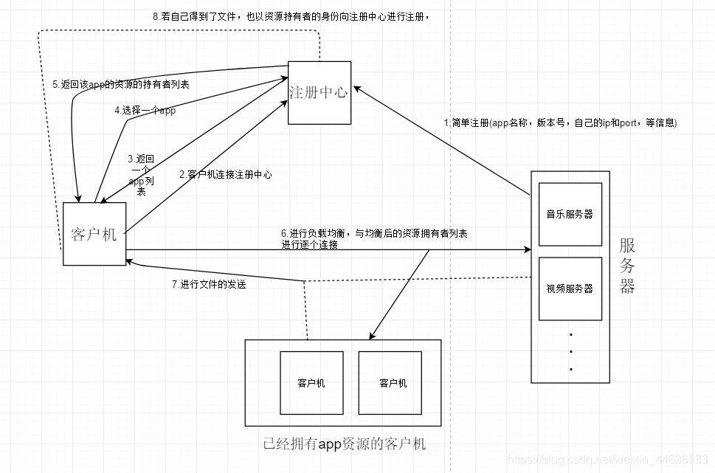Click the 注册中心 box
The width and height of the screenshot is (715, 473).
coord(319,93)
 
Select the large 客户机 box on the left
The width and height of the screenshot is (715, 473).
coord(94,234)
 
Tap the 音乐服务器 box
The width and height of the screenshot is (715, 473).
coord(570,214)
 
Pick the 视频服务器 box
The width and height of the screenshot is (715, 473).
coord(570,289)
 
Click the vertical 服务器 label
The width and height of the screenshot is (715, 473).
coord(627,266)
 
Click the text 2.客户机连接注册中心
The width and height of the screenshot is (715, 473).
coord(225,175)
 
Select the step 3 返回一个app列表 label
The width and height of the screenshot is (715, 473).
coord(141,175)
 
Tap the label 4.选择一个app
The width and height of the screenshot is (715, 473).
coord(145,110)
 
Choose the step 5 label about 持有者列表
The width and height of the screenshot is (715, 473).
coord(120,84)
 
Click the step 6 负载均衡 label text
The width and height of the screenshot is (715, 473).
coord(374,238)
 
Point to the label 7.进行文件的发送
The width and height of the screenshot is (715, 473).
coord(208,284)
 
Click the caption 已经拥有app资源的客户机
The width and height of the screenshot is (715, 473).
coord(344,444)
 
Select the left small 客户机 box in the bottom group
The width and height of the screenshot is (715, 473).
coord(311,383)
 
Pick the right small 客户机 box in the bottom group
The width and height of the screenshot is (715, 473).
coord(393,383)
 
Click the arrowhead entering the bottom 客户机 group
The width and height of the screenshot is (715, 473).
coord(373,336)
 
